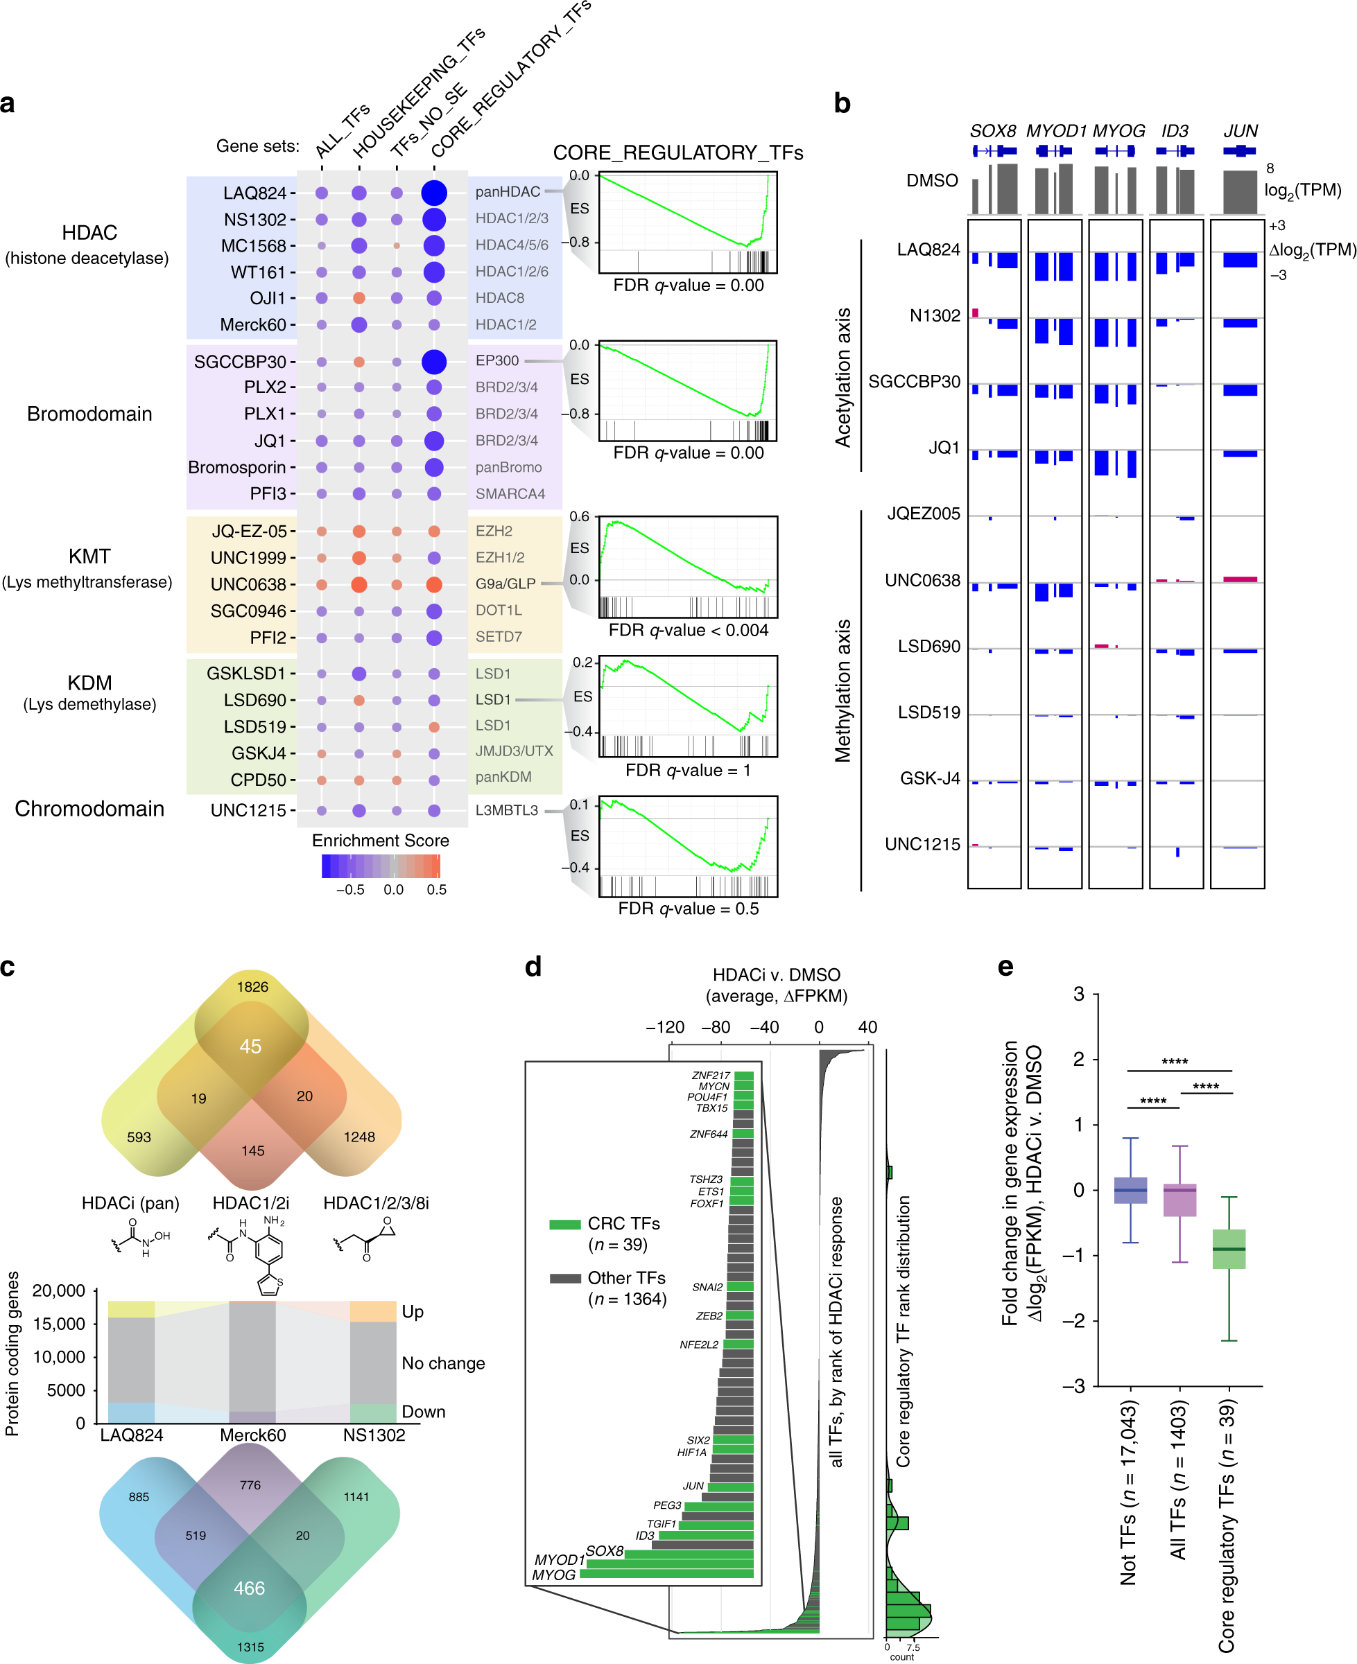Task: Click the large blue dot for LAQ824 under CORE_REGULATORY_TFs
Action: (x=434, y=192)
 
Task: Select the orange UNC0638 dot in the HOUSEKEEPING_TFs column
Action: (x=358, y=584)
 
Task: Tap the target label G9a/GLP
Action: (x=505, y=584)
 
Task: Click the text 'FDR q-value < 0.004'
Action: (x=688, y=630)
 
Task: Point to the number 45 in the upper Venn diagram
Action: (x=250, y=1046)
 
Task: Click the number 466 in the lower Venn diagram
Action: (x=250, y=1588)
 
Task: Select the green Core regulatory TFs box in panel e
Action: (x=1229, y=1248)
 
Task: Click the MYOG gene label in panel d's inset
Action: (x=553, y=1574)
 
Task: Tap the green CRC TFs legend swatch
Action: (x=564, y=1224)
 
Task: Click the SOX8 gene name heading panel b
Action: (x=993, y=130)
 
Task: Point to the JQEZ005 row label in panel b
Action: (x=923, y=514)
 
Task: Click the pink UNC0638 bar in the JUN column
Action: (x=1240, y=579)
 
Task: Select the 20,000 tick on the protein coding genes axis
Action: (x=59, y=1290)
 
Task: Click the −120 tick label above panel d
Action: (x=664, y=1026)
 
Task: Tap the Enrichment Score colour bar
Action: (x=381, y=866)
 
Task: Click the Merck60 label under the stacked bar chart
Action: (x=252, y=1435)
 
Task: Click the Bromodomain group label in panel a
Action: (x=89, y=413)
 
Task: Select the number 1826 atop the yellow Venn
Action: (x=252, y=987)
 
